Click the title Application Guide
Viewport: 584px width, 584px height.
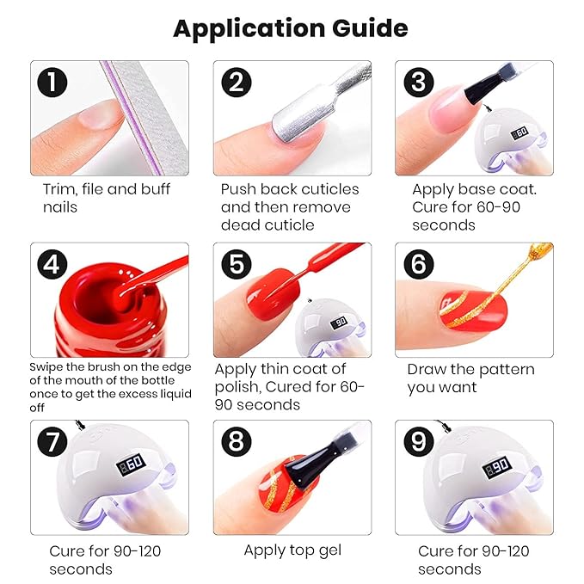tap(291, 28)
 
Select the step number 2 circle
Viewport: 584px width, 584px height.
tap(237, 83)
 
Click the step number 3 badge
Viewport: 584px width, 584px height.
tap(419, 83)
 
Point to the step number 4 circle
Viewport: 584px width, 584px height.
tap(54, 264)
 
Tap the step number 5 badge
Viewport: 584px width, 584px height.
tap(237, 264)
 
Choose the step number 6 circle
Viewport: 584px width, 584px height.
tap(419, 264)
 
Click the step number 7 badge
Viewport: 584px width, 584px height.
tap(54, 444)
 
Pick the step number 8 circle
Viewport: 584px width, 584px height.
tap(237, 444)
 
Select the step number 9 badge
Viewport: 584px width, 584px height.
tap(419, 444)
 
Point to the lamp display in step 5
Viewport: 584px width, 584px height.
tap(340, 321)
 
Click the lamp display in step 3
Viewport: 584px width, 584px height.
tap(519, 134)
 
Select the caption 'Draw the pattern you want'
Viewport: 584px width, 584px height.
tap(470, 378)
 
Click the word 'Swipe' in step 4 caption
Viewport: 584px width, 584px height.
tap(46, 366)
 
